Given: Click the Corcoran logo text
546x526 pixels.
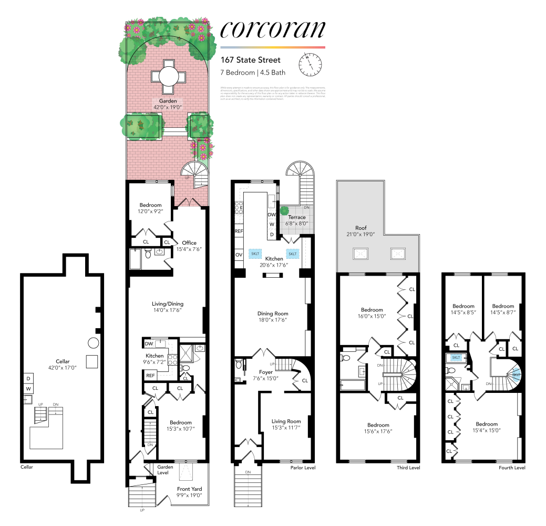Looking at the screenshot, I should pyautogui.click(x=272, y=29).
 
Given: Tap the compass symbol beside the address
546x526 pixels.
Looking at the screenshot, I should pyautogui.click(x=310, y=64).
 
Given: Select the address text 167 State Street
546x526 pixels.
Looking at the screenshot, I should pyautogui.click(x=251, y=60).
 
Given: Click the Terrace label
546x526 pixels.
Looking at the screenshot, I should pyautogui.click(x=296, y=217).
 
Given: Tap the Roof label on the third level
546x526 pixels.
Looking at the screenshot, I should pyautogui.click(x=360, y=228).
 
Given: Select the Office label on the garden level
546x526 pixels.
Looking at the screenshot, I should pyautogui.click(x=189, y=243).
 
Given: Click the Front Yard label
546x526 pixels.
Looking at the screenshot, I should pyautogui.click(x=189, y=489).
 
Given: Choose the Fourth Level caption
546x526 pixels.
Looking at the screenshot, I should pyautogui.click(x=511, y=468).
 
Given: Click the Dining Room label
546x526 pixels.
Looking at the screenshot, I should pyautogui.click(x=273, y=313).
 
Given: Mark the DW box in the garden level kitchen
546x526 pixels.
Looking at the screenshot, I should pyautogui.click(x=149, y=344).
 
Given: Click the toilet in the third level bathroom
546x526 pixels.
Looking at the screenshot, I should pyautogui.click(x=346, y=358).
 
